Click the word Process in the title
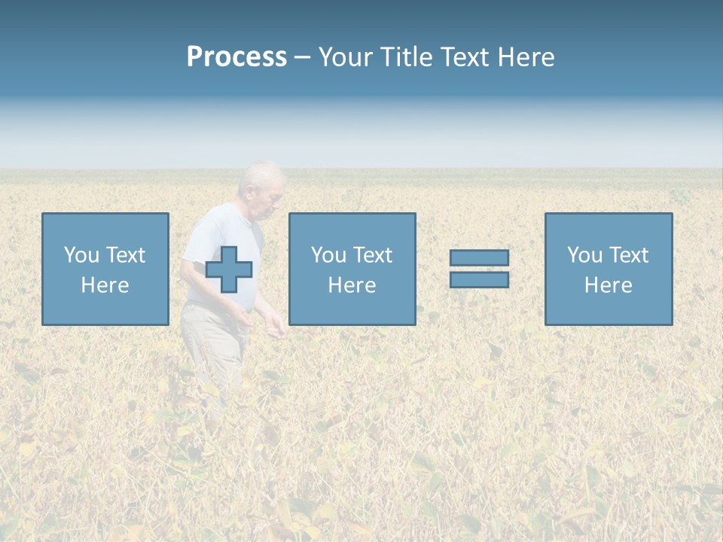point(236,57)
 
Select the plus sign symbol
point(229,269)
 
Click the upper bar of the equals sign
point(479,257)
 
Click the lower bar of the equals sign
point(479,279)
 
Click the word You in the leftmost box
point(81,255)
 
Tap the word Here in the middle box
point(352,285)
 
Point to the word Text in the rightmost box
point(628,255)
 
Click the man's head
point(263,184)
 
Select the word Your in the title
point(346,57)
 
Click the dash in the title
point(302,58)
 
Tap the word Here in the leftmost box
point(105,285)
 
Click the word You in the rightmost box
point(584,255)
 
